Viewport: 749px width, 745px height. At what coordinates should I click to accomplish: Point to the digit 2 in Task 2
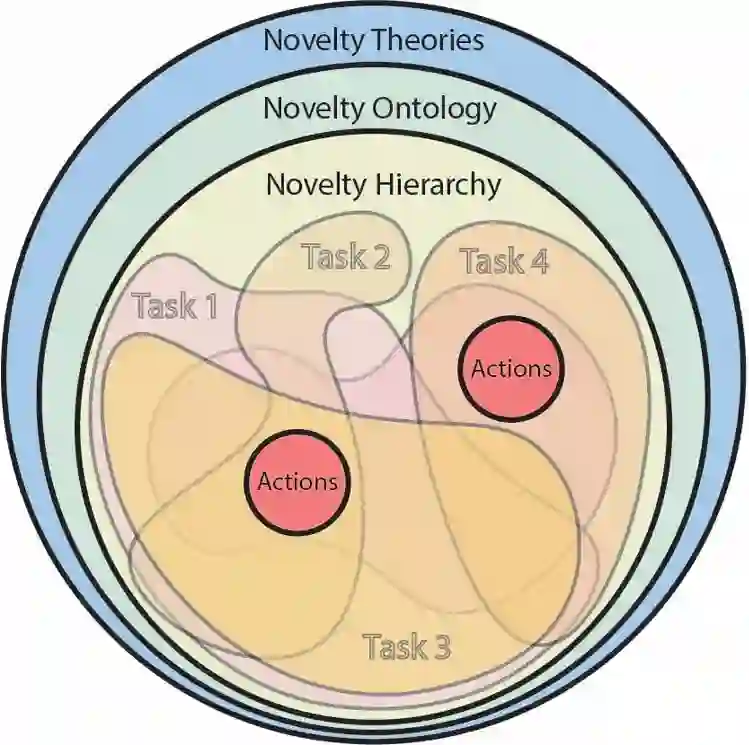379,257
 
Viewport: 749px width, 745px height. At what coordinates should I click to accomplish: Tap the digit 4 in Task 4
538,261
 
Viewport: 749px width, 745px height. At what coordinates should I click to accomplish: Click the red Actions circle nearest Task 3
298,481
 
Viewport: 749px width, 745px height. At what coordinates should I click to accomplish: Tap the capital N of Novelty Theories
273,41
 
